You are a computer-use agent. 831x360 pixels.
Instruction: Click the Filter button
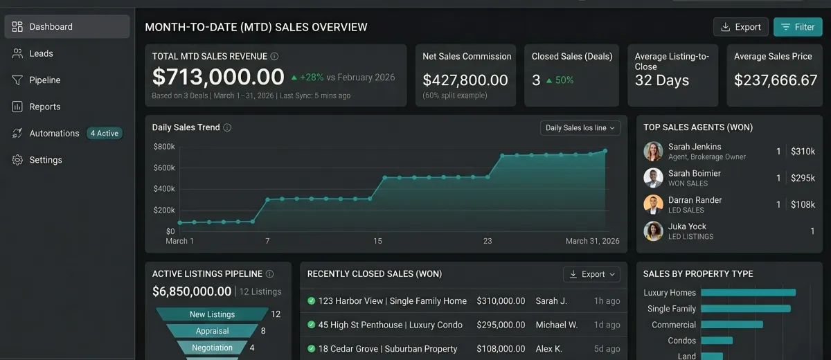798,27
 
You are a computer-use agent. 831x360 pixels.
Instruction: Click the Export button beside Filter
740,27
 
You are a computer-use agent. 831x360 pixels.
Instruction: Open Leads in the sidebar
41,53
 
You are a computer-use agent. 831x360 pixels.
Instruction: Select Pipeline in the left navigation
45,80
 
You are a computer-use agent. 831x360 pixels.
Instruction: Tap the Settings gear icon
17,160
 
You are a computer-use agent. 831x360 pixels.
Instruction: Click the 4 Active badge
105,133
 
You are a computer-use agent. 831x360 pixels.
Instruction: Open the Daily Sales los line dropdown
580,128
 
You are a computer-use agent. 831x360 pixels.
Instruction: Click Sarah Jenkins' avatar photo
653,151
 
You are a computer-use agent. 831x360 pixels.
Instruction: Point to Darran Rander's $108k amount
803,204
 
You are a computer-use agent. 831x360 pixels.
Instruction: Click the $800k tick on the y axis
164,147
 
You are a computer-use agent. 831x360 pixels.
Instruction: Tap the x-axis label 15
377,241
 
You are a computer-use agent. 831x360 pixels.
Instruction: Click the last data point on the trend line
605,151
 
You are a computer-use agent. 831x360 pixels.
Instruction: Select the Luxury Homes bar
749,293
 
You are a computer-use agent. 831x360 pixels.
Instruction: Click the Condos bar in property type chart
717,341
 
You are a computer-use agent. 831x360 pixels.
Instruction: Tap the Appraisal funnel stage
212,331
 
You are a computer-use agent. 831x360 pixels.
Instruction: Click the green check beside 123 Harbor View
311,300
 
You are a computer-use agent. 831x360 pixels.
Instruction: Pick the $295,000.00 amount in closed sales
501,325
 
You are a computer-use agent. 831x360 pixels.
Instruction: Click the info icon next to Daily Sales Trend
227,127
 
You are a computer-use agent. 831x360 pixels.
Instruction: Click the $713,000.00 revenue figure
218,77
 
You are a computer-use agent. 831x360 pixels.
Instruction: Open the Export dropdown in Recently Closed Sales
591,274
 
